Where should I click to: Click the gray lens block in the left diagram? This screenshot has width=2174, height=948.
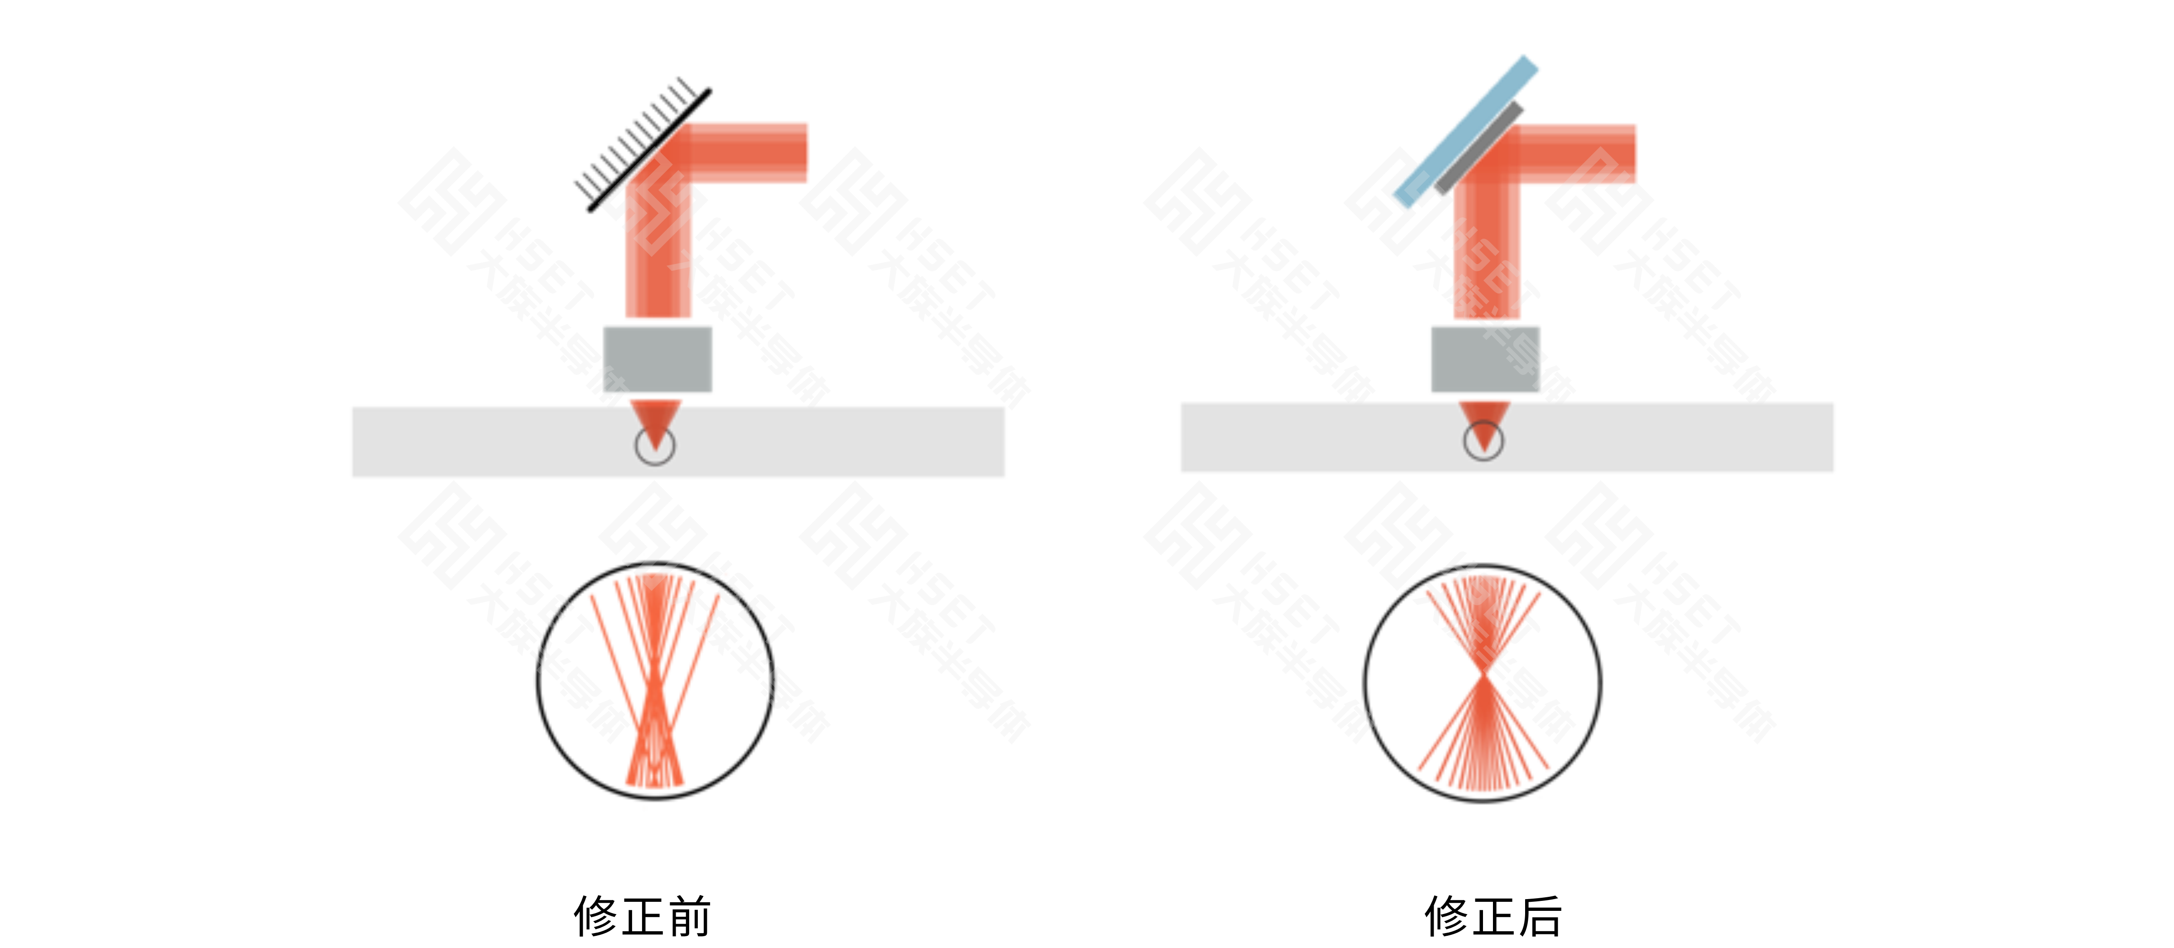(658, 359)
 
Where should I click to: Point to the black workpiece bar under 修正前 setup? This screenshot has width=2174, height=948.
(844, 442)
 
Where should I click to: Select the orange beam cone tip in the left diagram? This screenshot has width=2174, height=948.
(655, 422)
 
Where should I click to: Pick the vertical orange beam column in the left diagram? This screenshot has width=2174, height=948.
(658, 253)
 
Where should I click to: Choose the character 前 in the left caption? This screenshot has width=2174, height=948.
(688, 916)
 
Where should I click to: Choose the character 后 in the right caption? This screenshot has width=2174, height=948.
(1539, 916)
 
